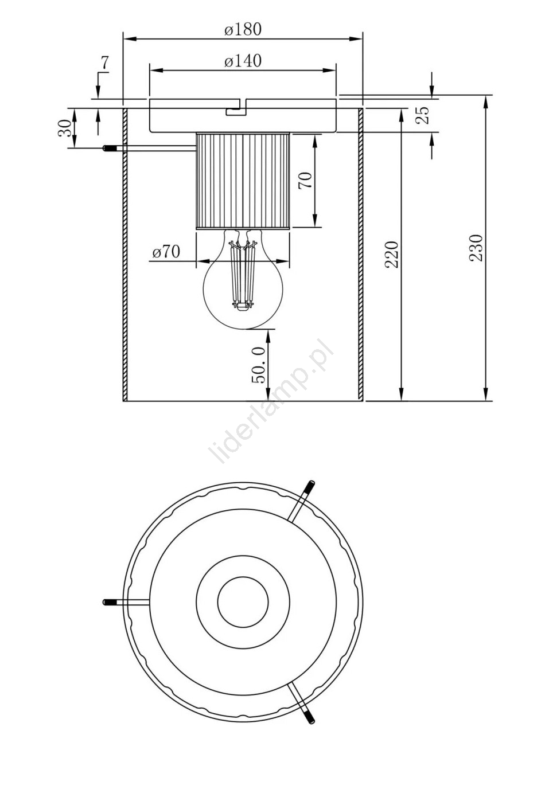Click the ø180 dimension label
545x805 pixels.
[x=243, y=29]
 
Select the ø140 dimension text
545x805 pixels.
[x=243, y=61]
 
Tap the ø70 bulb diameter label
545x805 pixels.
[x=166, y=252]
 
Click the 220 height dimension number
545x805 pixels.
[x=392, y=255]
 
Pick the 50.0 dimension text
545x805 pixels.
[x=259, y=365]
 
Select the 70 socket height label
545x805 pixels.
[x=305, y=181]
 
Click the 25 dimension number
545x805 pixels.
[x=423, y=115]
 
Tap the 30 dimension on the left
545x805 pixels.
[x=65, y=128]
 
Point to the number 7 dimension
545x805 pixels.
[x=104, y=62]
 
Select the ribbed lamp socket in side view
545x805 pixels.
[x=243, y=181]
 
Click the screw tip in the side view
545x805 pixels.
[x=108, y=148]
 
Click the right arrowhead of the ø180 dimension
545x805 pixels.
[x=356, y=38]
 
